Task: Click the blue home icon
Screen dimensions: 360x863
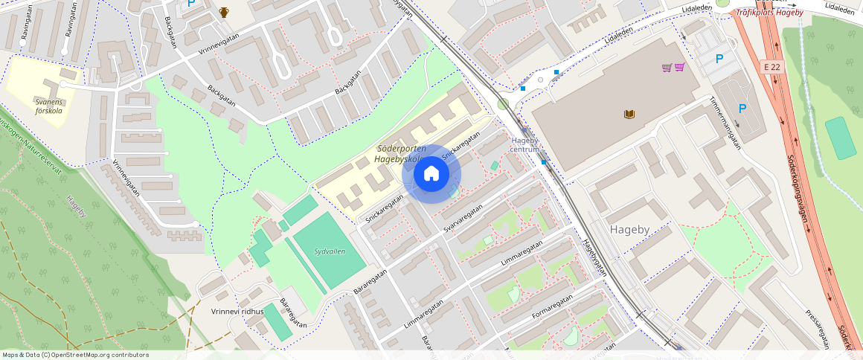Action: pos(431,174)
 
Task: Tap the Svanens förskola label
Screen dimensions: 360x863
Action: pos(48,106)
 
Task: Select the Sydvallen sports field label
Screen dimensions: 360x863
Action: pos(330,251)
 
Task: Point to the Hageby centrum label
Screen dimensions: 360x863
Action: pos(524,144)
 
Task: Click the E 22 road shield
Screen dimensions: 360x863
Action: pos(774,67)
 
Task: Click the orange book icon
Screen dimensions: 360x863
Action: pos(629,114)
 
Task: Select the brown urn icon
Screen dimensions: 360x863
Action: pos(224,12)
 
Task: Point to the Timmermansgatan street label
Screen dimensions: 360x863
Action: pos(725,119)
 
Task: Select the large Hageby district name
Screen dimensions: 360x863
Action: pos(630,230)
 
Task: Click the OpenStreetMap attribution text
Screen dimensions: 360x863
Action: pos(74,355)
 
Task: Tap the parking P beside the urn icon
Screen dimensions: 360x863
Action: pos(191,4)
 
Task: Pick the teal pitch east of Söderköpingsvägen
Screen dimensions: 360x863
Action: pos(841,138)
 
